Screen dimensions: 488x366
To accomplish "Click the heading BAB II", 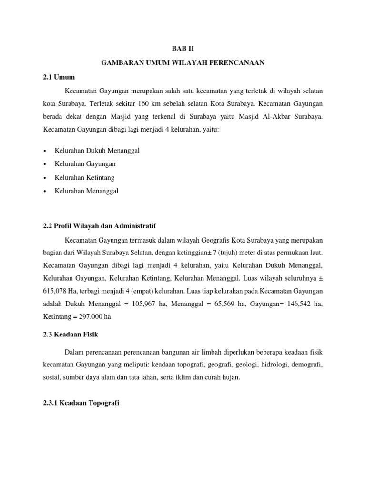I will (183, 49).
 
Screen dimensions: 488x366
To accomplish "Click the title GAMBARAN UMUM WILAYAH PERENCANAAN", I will (183, 63).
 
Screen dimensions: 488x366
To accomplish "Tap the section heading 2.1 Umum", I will (59, 77).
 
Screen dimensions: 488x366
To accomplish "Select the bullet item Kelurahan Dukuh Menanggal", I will (97, 151).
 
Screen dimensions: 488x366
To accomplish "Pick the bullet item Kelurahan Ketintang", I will (85, 178).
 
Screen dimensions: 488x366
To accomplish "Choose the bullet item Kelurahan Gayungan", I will (85, 164).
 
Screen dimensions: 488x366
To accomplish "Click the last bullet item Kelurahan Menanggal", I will (86, 191).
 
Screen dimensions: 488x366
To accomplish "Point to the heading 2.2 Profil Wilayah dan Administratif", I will (100, 225).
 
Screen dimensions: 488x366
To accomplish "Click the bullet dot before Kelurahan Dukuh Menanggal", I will (44, 151).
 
